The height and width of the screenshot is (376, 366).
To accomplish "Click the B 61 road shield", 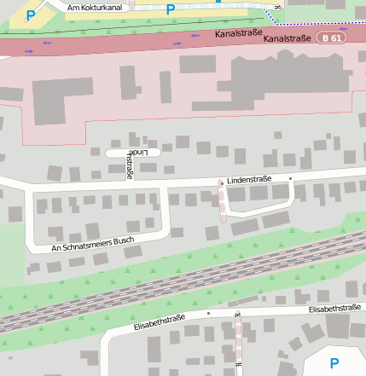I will pyautogui.click(x=333, y=38).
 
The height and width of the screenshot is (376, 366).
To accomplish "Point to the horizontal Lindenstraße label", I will pyautogui.click(x=249, y=179).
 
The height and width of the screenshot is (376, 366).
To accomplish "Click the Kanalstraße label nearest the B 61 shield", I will pyautogui.click(x=287, y=38).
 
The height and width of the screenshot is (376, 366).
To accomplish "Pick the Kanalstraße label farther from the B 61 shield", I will pyautogui.click(x=238, y=35).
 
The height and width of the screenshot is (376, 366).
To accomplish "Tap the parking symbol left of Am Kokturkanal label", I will pyautogui.click(x=32, y=14).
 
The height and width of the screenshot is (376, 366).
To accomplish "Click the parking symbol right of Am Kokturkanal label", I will pyautogui.click(x=171, y=9).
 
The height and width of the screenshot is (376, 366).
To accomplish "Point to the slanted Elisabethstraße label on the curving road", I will pyautogui.click(x=160, y=323).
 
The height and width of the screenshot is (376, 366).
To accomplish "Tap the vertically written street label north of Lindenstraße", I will pyautogui.click(x=131, y=165).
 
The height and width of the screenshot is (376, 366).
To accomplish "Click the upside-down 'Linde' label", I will pyautogui.click(x=146, y=153).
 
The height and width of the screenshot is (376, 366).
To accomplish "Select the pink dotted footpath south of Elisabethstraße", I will pyautogui.click(x=238, y=341).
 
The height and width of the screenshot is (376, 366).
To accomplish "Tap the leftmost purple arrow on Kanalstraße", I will pyautogui.click(x=31, y=51).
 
